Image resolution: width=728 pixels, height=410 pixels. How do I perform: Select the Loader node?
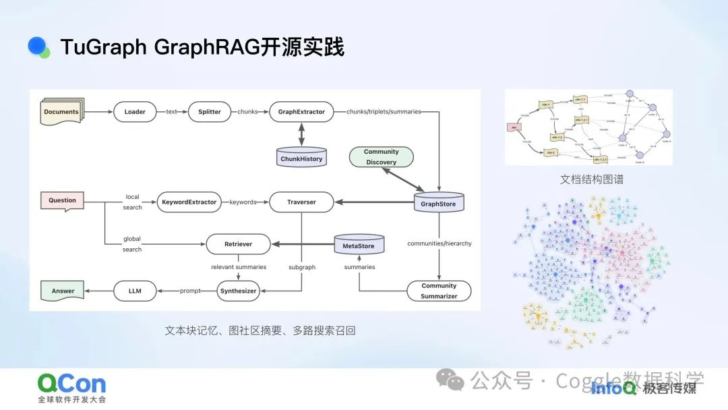(x=135, y=112)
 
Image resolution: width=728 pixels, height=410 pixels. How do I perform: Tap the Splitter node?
(x=210, y=112)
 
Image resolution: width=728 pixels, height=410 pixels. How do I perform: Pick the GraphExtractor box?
(x=301, y=112)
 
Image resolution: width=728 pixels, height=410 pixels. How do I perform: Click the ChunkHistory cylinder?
(x=301, y=158)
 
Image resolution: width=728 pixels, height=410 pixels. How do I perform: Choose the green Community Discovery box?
(x=381, y=157)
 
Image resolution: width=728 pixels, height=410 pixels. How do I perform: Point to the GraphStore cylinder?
(x=438, y=202)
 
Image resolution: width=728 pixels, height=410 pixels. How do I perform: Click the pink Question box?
(x=63, y=200)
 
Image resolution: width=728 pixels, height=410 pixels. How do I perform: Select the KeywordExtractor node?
(x=189, y=202)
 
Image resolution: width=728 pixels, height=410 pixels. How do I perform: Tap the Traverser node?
(x=301, y=202)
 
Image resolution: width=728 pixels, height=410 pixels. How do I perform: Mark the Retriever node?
(x=238, y=245)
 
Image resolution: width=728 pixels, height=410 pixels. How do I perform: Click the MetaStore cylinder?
(x=359, y=245)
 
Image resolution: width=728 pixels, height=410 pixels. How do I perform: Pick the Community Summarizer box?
(x=439, y=291)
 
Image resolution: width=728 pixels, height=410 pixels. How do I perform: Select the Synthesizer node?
(x=238, y=291)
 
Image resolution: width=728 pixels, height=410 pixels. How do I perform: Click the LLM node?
(x=135, y=291)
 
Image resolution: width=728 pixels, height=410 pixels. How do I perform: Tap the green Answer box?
(x=63, y=291)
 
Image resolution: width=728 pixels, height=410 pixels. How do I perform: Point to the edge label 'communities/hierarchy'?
(x=439, y=243)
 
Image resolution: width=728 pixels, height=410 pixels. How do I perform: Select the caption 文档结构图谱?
(x=588, y=180)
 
